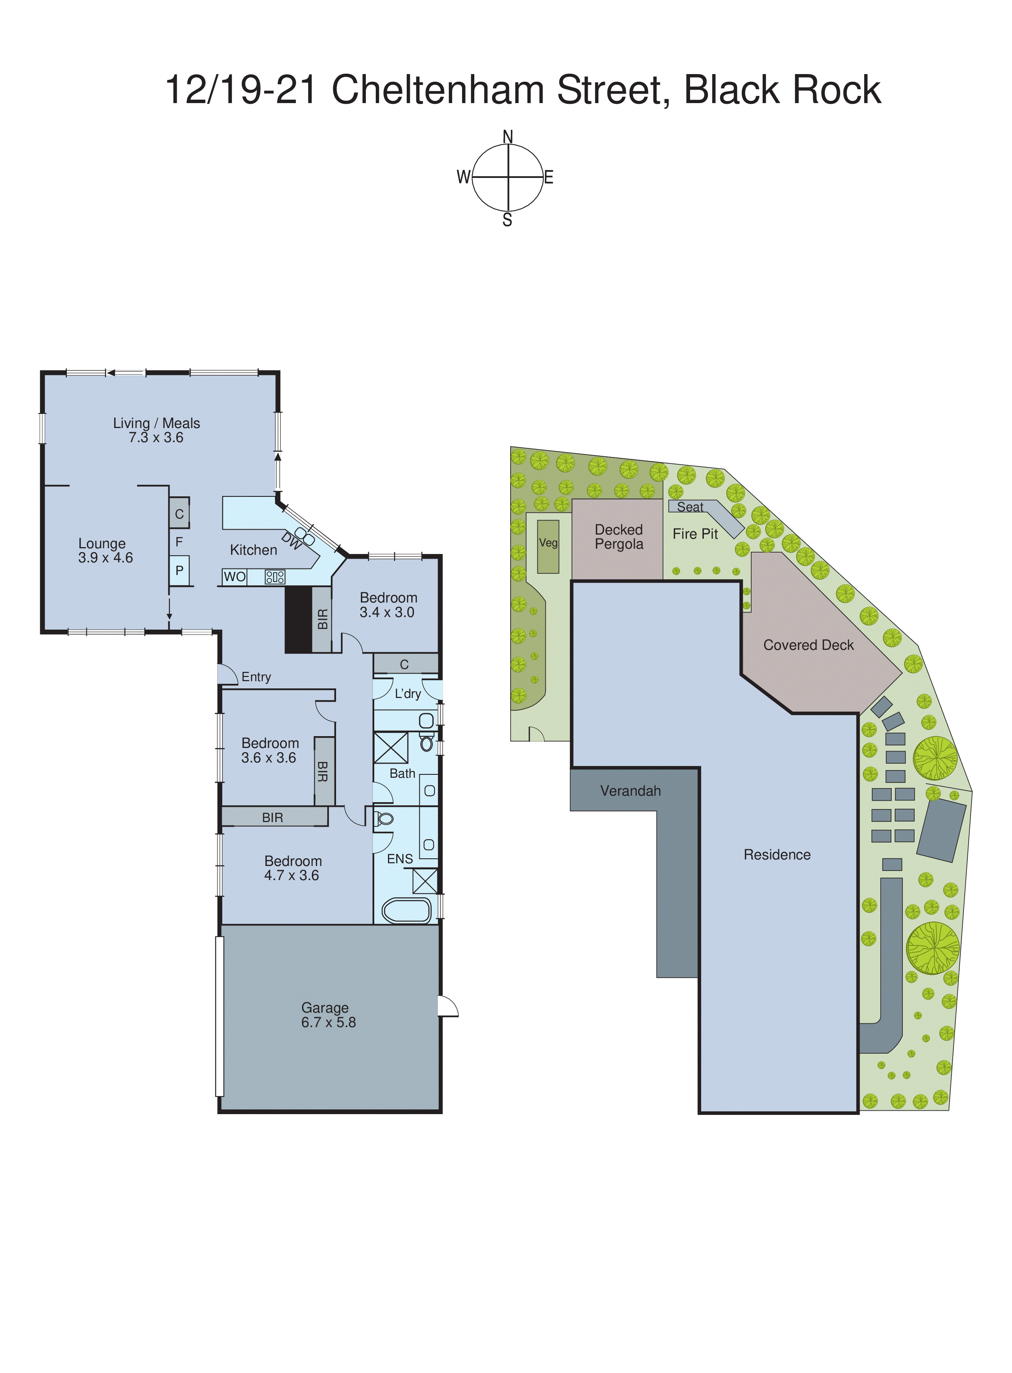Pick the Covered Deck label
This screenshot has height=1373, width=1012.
coord(808,645)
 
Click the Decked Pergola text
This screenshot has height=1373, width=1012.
coord(619,537)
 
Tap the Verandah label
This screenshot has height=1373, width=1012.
coord(630,791)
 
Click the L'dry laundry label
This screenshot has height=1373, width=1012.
coord(407,694)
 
